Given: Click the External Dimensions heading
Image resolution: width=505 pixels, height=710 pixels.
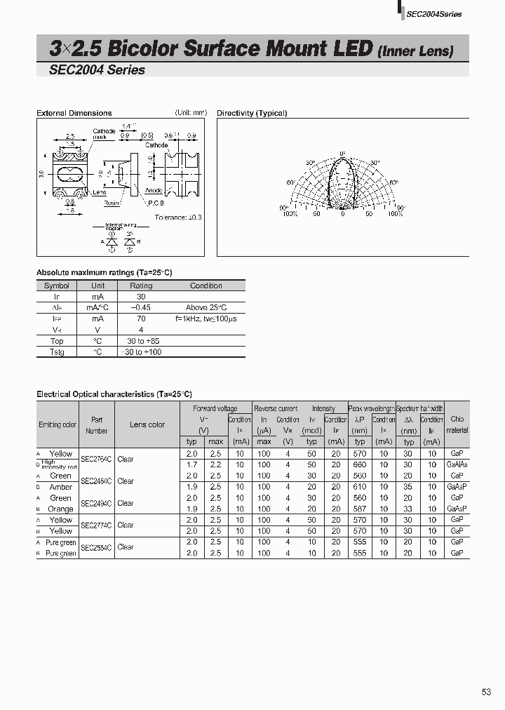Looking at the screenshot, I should (74, 113).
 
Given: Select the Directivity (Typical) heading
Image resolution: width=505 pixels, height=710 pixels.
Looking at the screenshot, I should (252, 113).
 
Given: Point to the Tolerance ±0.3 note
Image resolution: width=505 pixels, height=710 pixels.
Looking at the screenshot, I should (178, 217).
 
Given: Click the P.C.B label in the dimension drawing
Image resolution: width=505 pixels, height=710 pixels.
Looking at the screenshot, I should (156, 203).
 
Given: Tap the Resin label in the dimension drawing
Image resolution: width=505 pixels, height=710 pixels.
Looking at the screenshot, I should (112, 202).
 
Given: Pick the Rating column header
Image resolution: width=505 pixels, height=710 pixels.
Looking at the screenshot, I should (141, 286).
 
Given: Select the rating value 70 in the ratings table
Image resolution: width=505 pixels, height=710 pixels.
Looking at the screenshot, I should (141, 319).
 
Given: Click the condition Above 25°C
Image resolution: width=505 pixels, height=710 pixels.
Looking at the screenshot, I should (206, 307).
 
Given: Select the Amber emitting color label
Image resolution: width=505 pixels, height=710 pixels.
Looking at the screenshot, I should (61, 487).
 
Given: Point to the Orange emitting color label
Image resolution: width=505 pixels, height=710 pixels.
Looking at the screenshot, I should (61, 509).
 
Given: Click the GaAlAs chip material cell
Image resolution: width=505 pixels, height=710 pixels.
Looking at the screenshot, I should (457, 464).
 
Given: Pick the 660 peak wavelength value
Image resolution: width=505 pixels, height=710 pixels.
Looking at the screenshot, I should (360, 464).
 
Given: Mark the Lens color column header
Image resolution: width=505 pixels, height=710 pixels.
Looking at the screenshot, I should (147, 424).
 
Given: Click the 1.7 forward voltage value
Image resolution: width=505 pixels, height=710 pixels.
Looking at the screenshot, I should (192, 464).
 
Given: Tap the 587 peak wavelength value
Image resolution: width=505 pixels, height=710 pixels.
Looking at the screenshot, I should (360, 509).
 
